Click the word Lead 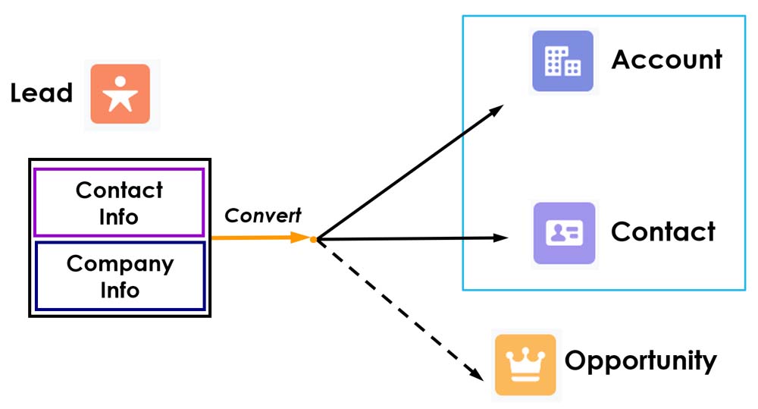coord(41,93)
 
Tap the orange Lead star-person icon coord(121,94)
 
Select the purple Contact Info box coord(119,203)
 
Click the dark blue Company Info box coord(120,276)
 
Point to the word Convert coord(263,216)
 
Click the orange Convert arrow coord(258,238)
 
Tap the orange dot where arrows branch coord(313,240)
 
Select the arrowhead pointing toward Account coord(496,110)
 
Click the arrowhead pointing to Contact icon coord(501,238)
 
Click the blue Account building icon coord(562,61)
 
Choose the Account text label coord(667,59)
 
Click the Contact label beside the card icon coord(663,231)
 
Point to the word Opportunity coord(641,361)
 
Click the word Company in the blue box coord(120,264)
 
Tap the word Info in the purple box coord(119,217)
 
